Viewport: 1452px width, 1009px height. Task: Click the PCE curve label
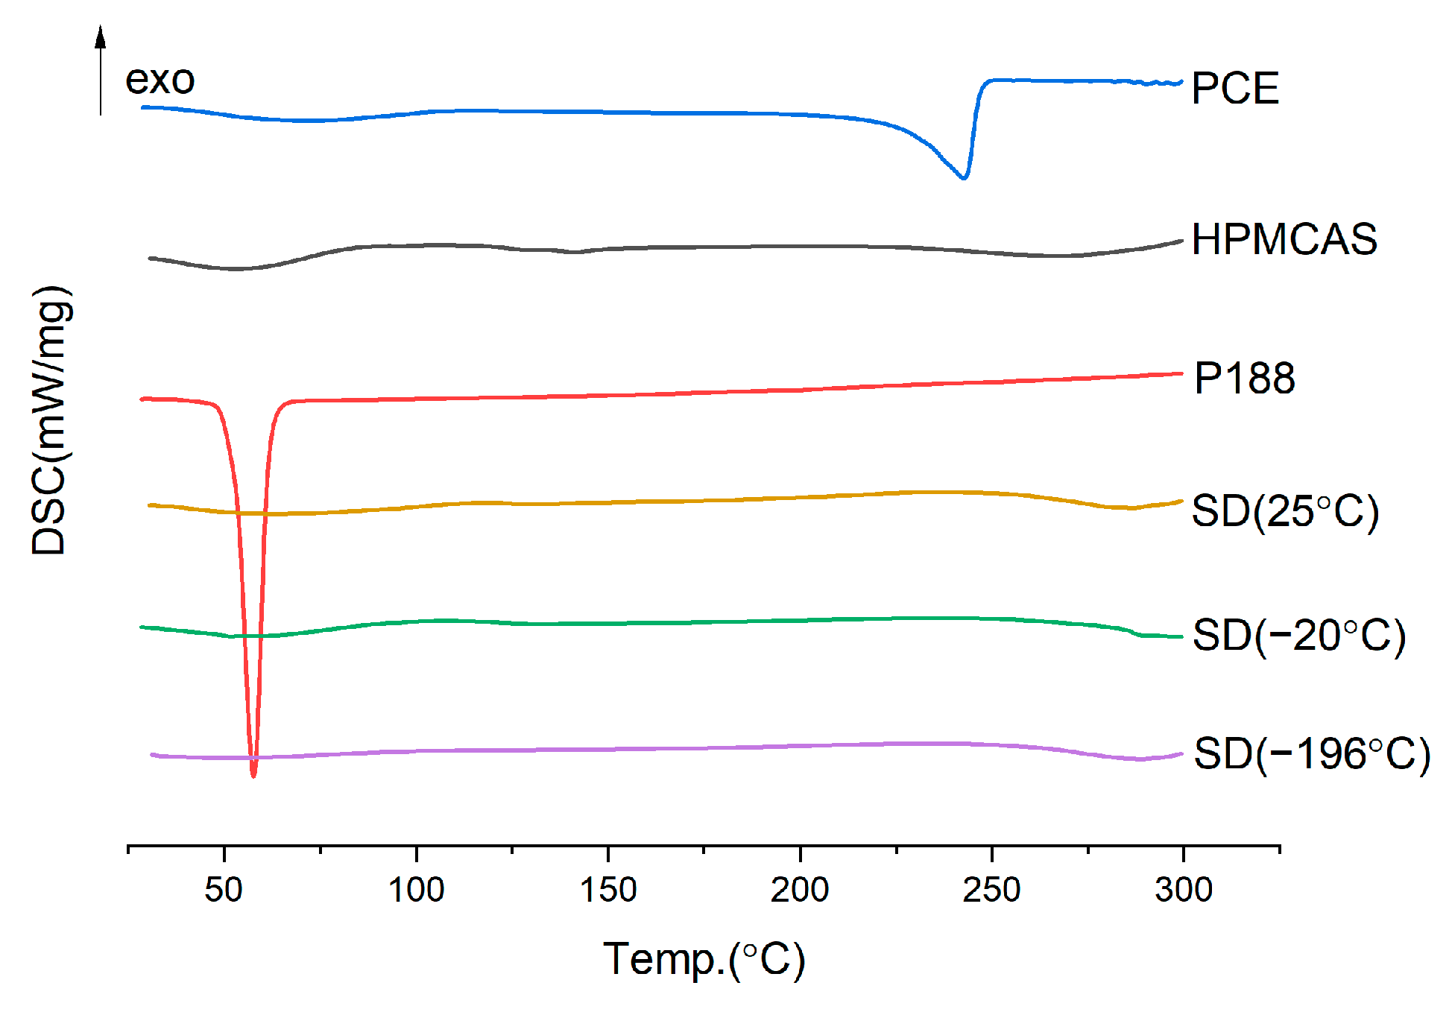[1235, 89]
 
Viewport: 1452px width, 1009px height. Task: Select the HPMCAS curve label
[1284, 240]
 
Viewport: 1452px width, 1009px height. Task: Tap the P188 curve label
[1244, 379]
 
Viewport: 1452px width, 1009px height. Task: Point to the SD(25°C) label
[1285, 512]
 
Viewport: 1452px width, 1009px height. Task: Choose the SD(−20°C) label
[1298, 636]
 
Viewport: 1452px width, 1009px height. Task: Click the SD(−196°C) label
[1312, 753]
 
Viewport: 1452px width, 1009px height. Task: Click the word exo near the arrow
[160, 80]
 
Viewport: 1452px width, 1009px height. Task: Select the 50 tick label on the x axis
[224, 890]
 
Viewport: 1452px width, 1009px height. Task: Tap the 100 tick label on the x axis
[416, 890]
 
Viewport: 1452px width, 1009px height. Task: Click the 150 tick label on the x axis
[608, 890]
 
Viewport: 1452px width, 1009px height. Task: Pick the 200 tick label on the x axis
[800, 890]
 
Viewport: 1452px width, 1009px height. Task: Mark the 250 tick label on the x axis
[991, 890]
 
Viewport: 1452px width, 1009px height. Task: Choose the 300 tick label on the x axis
[1184, 890]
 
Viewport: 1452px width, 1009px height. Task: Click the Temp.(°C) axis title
[704, 959]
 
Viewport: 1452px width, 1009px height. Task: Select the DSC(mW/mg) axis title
[51, 420]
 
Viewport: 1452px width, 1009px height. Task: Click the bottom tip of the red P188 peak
[253, 776]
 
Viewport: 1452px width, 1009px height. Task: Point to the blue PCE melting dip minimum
[964, 178]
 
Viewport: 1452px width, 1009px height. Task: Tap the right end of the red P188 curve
[1181, 373]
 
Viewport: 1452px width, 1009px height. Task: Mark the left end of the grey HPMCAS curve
[151, 258]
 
